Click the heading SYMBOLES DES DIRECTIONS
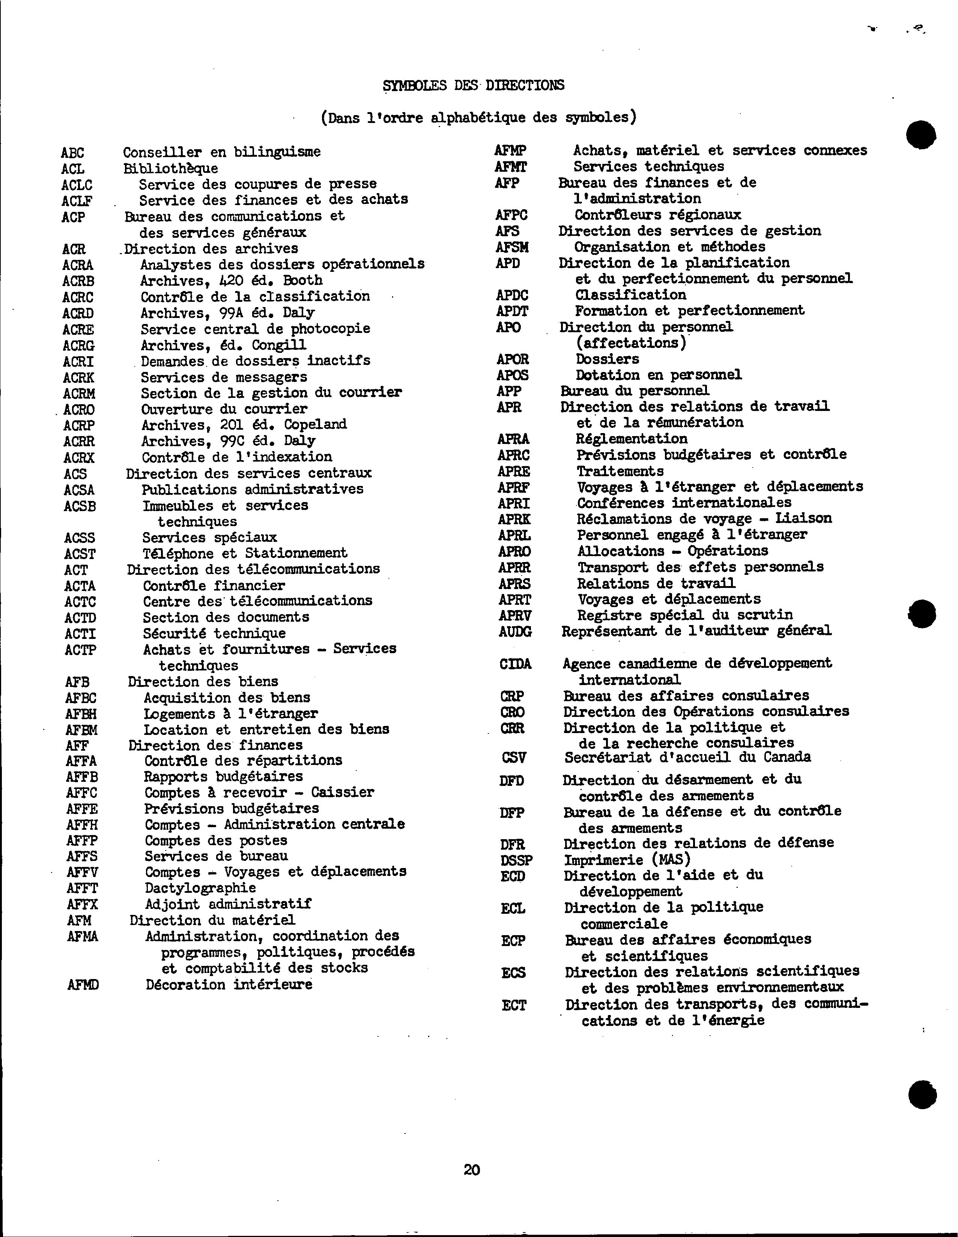pos(473,85)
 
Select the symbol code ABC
pos(72,153)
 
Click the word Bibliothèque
pos(171,168)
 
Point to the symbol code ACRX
pos(79,458)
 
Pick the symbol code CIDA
pos(515,664)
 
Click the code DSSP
pos(516,860)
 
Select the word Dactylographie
pos(200,888)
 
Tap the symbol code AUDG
pos(515,631)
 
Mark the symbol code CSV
pos(514,758)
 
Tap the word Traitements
pos(620,471)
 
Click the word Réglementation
pos(632,439)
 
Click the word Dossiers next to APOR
pos(607,359)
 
